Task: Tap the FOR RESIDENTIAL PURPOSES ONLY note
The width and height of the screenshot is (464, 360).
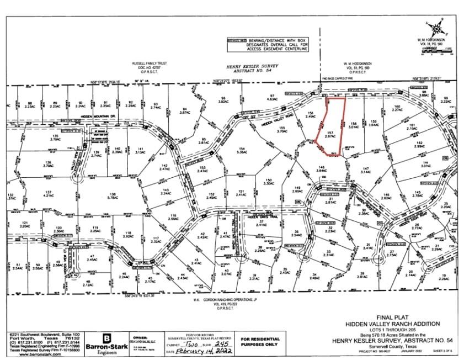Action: [260, 342]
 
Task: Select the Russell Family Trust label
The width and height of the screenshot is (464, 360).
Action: [150, 66]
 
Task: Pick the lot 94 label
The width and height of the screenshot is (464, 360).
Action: [185, 110]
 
